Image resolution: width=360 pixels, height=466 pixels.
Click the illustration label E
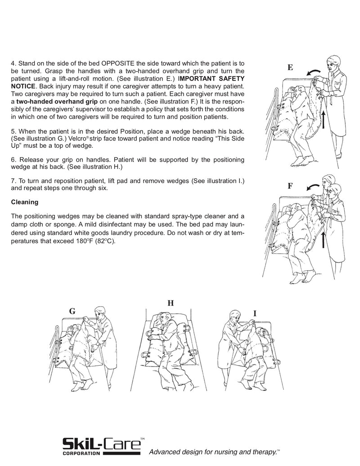(290, 68)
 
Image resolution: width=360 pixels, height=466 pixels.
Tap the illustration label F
(290, 185)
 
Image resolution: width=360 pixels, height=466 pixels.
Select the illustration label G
(72, 311)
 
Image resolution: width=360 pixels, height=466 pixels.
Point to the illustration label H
(171, 303)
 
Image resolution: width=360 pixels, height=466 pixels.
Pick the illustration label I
(255, 312)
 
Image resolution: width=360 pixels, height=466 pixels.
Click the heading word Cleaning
(24, 202)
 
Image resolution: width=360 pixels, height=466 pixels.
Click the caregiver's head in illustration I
(234, 316)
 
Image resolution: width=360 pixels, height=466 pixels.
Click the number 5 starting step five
(13, 131)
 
